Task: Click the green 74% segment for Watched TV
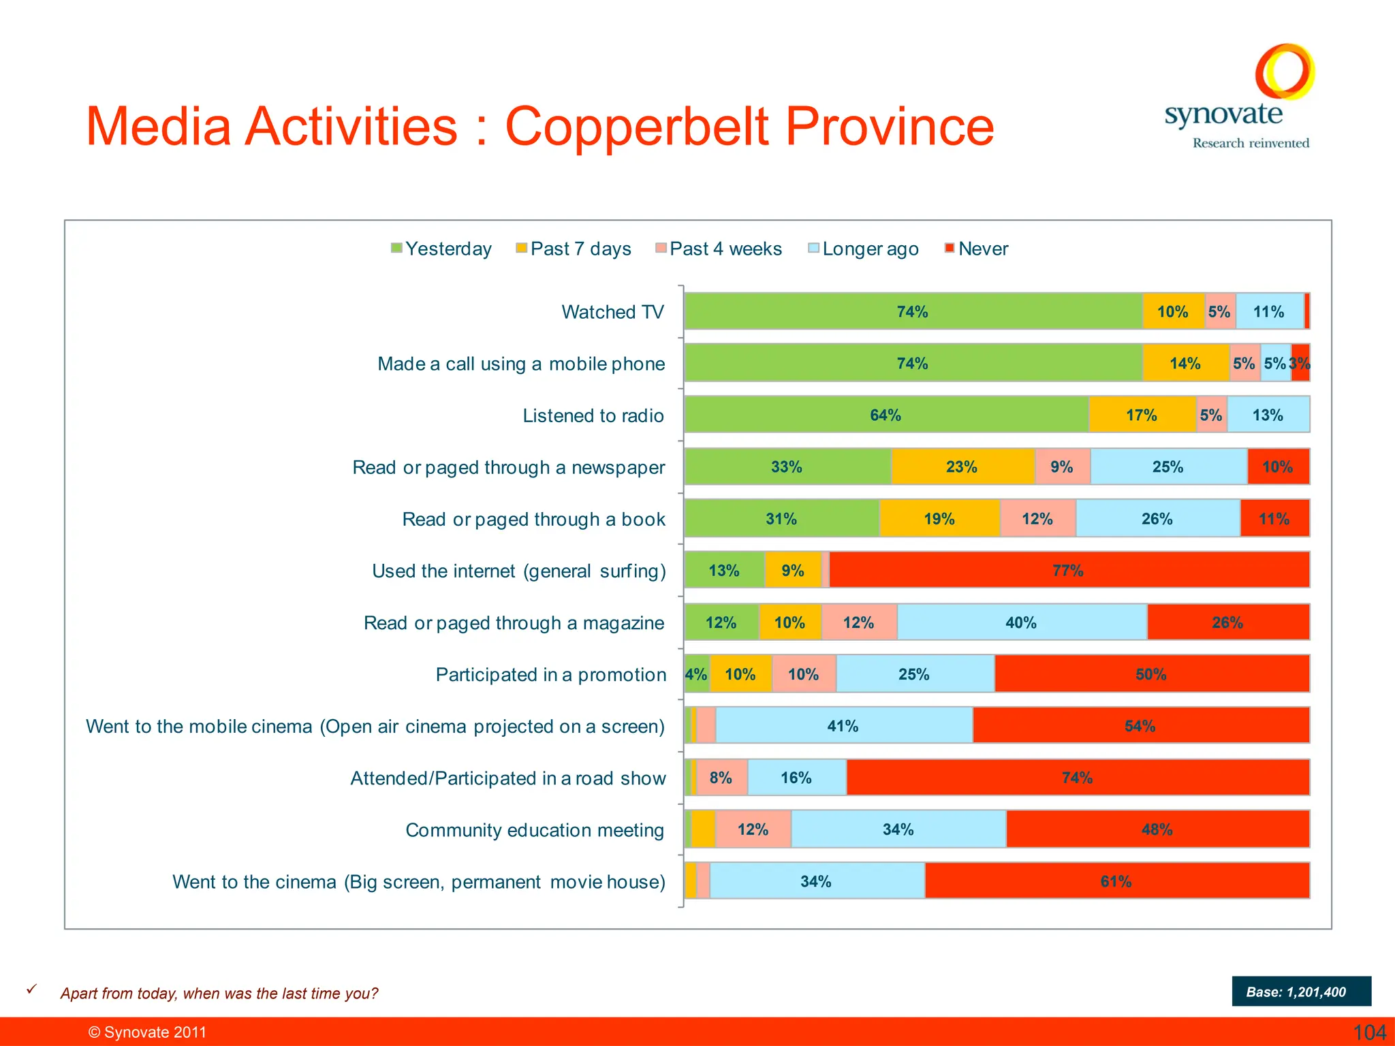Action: coord(912,312)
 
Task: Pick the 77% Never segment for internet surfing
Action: coord(1068,571)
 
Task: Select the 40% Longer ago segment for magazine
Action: coord(1021,622)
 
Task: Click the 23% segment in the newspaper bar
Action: coord(962,467)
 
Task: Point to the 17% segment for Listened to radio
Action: coord(1142,415)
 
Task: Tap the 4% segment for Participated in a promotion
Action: coord(696,674)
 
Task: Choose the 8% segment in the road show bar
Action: coord(721,778)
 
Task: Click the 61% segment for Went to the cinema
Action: coord(1116,881)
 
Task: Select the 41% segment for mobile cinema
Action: coord(843,726)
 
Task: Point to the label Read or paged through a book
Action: coord(533,520)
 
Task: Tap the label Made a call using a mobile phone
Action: coord(521,364)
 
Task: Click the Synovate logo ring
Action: coord(1285,71)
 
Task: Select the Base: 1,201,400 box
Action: coord(1300,992)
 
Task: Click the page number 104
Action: coord(1369,1032)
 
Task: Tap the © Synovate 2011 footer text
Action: coord(147,1032)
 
